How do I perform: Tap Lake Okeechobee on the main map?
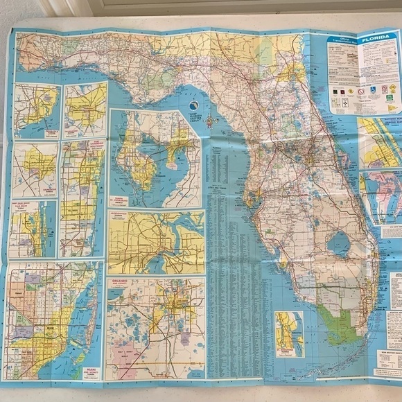(x=340, y=243)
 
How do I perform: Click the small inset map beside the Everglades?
(x=288, y=330)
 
